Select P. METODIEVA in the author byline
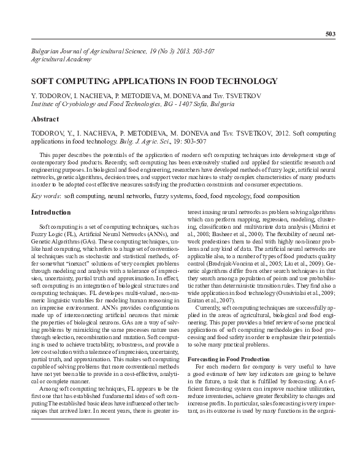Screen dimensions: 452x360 coord(106,96)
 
